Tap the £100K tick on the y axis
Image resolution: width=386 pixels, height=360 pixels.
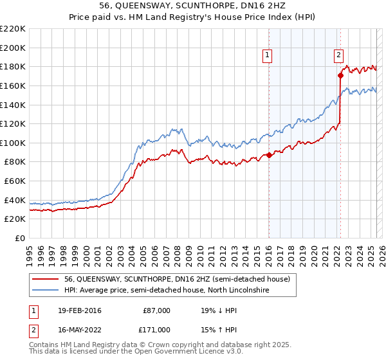click(14, 143)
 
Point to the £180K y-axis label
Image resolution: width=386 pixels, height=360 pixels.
click(14, 66)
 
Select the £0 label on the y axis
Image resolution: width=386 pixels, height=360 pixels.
click(20, 239)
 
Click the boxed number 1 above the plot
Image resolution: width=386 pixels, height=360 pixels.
click(267, 56)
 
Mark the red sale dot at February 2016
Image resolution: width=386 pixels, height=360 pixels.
click(270, 155)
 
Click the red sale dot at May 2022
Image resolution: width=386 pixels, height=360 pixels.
click(340, 75)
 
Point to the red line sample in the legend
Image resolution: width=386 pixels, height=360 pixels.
click(46, 279)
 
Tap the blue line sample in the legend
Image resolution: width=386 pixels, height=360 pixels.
click(46, 290)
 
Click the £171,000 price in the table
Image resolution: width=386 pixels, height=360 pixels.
click(156, 329)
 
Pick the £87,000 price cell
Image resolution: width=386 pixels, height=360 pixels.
click(156, 310)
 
